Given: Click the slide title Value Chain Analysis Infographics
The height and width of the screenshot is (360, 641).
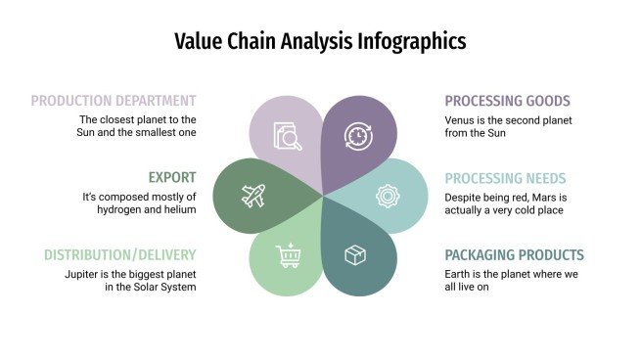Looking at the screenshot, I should (x=320, y=41).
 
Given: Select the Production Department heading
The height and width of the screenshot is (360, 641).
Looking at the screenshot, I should (x=114, y=100).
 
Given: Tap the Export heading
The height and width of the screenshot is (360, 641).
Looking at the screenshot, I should (x=172, y=177).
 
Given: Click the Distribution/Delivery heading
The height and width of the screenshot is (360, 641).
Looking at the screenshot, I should (x=119, y=254).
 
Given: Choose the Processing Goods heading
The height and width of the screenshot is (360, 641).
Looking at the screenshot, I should (x=507, y=101).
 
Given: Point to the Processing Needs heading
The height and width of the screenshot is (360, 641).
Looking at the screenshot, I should (x=505, y=178).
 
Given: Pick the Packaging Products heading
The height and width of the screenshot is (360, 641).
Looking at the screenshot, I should (x=514, y=255).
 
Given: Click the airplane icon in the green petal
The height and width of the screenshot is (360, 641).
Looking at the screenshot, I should (x=253, y=196).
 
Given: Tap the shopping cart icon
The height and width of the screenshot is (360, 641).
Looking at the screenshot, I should (x=289, y=256).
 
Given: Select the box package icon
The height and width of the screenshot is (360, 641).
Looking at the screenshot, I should (x=355, y=256).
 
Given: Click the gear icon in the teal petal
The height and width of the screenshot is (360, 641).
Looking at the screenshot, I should (x=389, y=196).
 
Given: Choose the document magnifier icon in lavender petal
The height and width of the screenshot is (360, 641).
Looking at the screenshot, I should (x=288, y=136).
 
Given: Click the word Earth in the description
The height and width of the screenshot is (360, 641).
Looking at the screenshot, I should (x=461, y=274).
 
